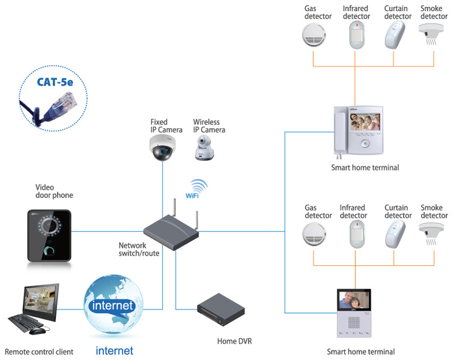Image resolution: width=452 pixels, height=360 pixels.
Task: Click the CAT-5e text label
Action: click(x=55, y=82)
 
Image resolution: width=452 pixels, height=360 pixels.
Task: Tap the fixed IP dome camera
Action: click(x=162, y=147)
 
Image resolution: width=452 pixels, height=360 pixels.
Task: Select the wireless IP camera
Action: click(x=204, y=148)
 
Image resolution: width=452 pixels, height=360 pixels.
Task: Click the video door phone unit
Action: click(x=49, y=236)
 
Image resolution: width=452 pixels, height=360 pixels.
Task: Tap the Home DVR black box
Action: click(x=221, y=310)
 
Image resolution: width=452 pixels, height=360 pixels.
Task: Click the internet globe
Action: click(x=113, y=304)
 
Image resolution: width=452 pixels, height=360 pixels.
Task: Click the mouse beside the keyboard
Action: click(x=37, y=330)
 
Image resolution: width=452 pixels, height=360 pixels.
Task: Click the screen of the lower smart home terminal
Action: click(x=354, y=300)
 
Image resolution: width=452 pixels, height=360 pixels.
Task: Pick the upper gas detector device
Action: click(x=314, y=35)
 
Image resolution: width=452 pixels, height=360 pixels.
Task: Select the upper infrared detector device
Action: click(x=357, y=35)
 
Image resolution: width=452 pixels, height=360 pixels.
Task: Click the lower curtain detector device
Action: click(x=395, y=234)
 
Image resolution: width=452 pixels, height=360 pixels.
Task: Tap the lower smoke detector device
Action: click(x=431, y=234)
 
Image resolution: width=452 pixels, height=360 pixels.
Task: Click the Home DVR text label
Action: click(x=235, y=341)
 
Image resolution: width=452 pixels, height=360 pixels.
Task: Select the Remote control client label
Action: click(x=39, y=351)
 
